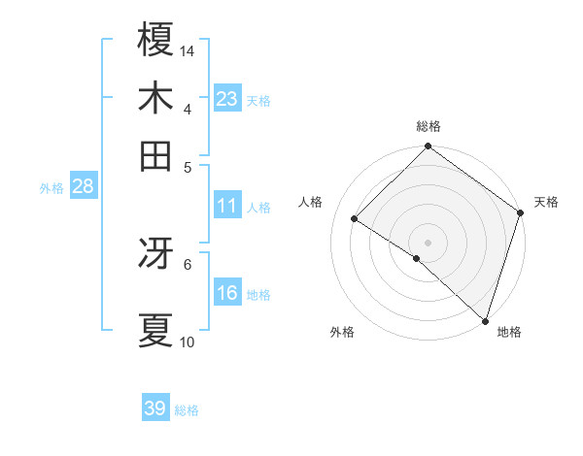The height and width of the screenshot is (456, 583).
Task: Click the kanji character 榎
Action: point(155,40)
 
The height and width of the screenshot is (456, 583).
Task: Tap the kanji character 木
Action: point(155,98)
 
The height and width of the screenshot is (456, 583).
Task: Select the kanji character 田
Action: point(155,155)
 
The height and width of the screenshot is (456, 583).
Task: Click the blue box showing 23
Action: point(227,98)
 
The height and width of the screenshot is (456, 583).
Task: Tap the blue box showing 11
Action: point(227,206)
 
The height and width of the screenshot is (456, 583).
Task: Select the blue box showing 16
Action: point(227,293)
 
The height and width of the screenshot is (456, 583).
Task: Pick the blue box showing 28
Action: point(83,186)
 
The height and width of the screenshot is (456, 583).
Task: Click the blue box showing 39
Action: point(155,408)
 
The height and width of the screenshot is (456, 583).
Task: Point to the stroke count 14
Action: point(188,50)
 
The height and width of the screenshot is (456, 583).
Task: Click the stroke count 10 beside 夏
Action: point(188,342)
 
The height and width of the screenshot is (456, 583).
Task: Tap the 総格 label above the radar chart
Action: point(429,126)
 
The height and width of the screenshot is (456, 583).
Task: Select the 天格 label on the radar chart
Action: point(546,202)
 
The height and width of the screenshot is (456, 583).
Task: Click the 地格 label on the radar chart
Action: point(509,332)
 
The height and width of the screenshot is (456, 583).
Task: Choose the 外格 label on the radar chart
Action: point(342,332)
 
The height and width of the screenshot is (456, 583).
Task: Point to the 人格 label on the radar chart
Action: point(311,202)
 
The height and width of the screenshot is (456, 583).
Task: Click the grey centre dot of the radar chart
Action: point(429,241)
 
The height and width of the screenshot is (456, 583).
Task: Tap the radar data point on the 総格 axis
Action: point(429,147)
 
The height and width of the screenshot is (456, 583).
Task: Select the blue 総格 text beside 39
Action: point(187,410)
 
